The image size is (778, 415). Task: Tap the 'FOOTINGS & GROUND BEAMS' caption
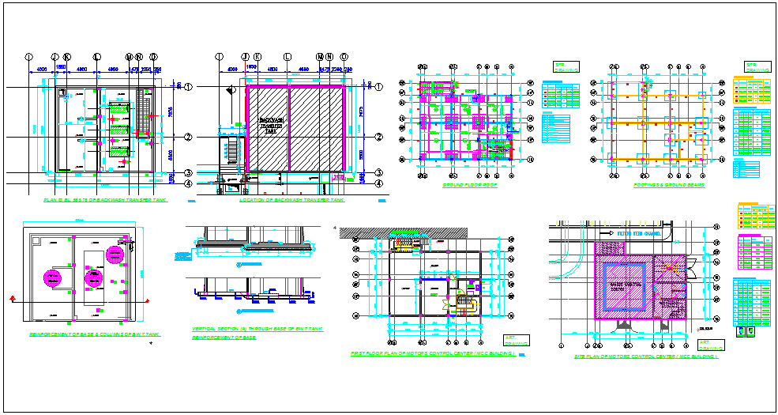(669, 185)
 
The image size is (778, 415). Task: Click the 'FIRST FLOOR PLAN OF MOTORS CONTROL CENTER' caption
(434, 355)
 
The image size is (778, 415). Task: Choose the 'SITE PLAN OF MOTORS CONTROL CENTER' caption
(646, 357)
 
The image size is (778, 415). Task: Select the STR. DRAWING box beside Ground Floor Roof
(566, 67)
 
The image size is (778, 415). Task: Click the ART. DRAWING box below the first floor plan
(517, 341)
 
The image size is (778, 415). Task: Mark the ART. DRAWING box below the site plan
(710, 345)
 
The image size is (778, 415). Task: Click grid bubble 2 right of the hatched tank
(378, 137)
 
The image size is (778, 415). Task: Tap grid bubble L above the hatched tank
(288, 57)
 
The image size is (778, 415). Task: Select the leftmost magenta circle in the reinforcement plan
(52, 277)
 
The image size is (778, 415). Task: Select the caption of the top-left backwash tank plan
(105, 202)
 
